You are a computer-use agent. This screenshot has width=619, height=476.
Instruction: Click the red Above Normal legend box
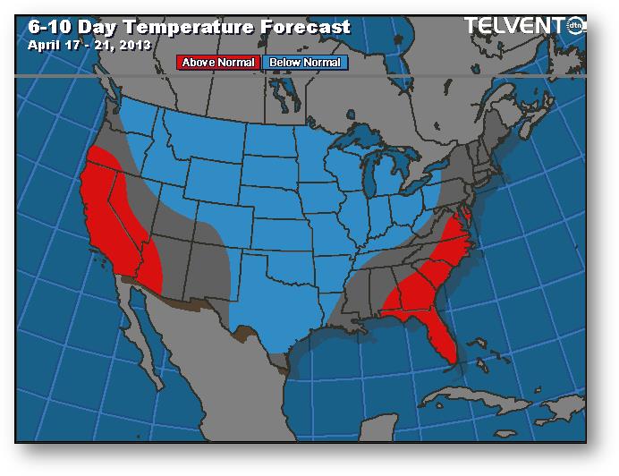[218, 63]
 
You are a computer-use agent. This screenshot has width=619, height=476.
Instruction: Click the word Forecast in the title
[304, 26]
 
